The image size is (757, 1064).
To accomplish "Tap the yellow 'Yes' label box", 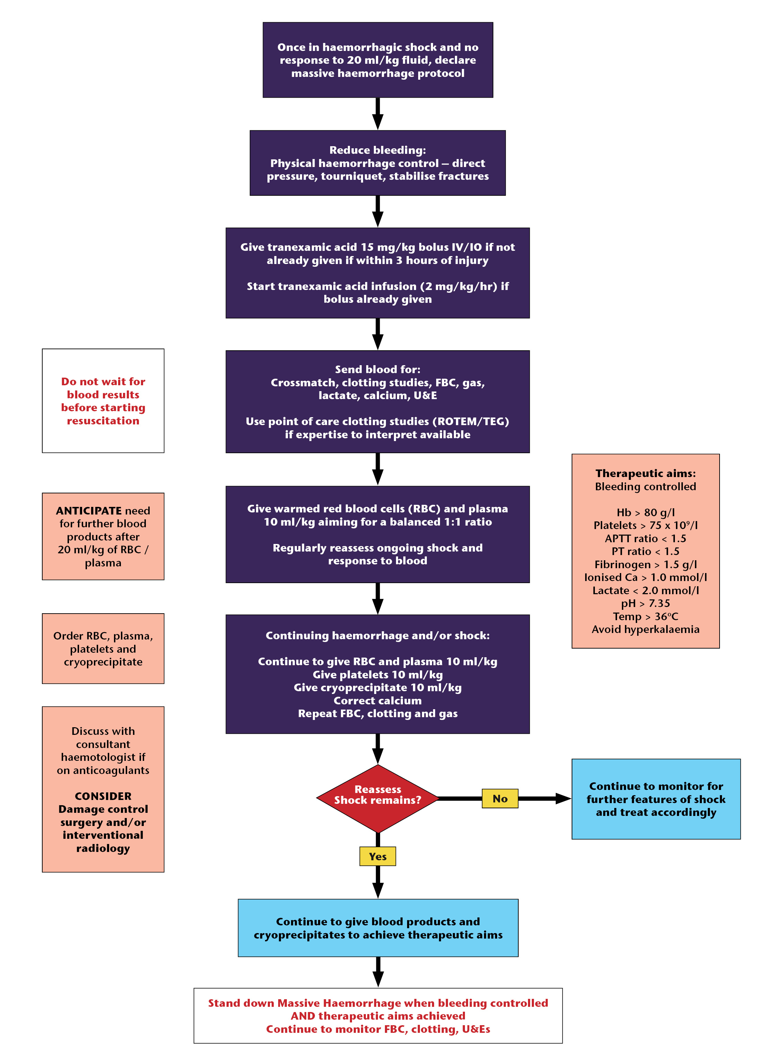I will coord(378,856).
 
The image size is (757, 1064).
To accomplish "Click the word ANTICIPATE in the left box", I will coord(89,510).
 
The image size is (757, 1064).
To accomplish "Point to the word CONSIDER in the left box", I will coord(103,796).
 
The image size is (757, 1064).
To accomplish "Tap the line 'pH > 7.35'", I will coord(645,603).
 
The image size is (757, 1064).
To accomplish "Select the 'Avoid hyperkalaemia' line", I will coord(645,629).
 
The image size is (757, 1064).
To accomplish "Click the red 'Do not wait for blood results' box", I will coord(103,401).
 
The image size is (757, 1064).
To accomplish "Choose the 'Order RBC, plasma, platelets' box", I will coord(103,648).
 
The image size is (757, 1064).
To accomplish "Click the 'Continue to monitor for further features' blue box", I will coord(656,799).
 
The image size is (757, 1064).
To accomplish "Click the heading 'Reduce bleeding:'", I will coord(378,150).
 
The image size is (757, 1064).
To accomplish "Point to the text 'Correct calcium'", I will coord(378,701).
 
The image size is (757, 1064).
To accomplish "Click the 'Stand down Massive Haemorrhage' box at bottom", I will coord(378,1015).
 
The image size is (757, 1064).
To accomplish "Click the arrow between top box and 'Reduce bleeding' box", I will coord(378,113).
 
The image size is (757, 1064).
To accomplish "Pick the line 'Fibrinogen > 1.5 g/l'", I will coord(645,564).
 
